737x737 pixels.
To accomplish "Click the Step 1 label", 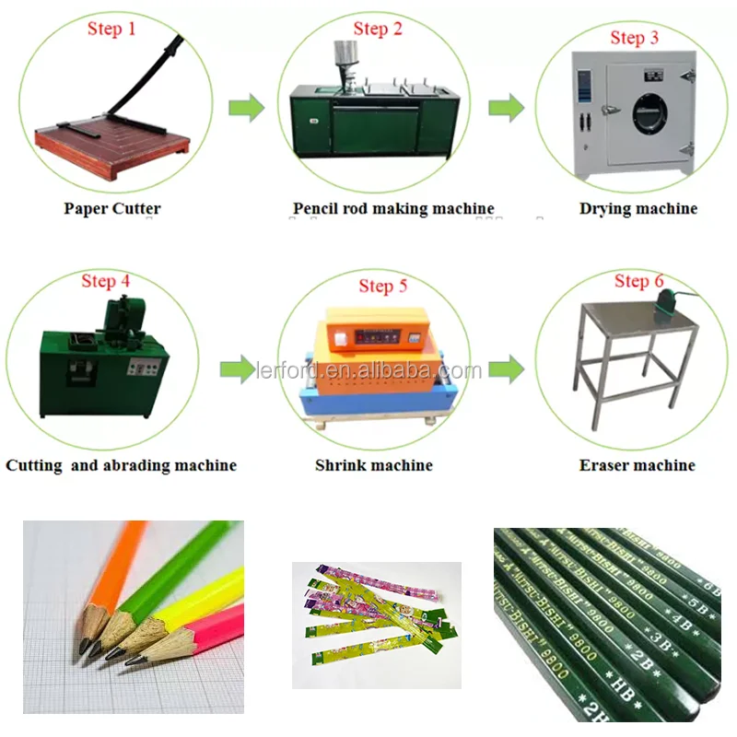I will [x=111, y=29].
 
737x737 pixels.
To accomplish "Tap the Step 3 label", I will [x=634, y=38].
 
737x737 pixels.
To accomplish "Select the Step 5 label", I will [x=382, y=286].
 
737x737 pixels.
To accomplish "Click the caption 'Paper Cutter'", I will [x=111, y=208].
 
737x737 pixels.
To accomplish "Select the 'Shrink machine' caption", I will [x=373, y=465].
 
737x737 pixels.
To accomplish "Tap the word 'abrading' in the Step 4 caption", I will [x=136, y=465].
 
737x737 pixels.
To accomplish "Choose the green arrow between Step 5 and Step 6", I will [x=505, y=370].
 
